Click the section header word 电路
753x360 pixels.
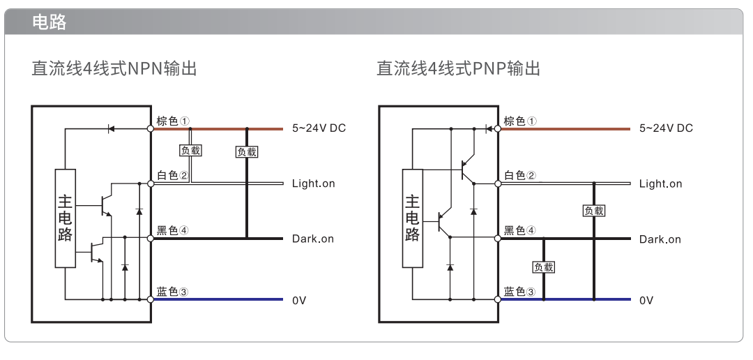[x=49, y=22]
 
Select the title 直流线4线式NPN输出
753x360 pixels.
[x=114, y=68]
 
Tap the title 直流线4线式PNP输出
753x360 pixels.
[x=459, y=68]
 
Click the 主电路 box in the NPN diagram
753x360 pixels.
[x=66, y=218]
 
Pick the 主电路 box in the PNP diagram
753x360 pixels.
[x=413, y=218]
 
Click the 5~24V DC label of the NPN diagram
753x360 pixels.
[x=319, y=128]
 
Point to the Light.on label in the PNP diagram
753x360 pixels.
[x=660, y=183]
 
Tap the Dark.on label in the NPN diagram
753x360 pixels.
[x=312, y=239]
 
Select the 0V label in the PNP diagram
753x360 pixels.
[x=646, y=301]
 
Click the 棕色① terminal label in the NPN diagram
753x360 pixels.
[x=174, y=121]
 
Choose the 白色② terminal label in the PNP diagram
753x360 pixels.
[x=521, y=175]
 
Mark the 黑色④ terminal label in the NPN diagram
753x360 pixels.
[x=173, y=230]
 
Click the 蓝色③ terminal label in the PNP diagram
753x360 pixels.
[x=520, y=292]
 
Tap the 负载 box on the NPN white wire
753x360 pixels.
[x=190, y=151]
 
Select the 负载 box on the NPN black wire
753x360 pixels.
[x=247, y=152]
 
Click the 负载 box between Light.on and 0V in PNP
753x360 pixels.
[x=594, y=211]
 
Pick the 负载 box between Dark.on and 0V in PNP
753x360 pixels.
[x=544, y=267]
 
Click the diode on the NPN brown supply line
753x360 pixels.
[x=111, y=129]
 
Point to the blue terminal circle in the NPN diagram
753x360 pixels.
[x=151, y=299]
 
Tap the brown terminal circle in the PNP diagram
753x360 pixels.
[x=498, y=129]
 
